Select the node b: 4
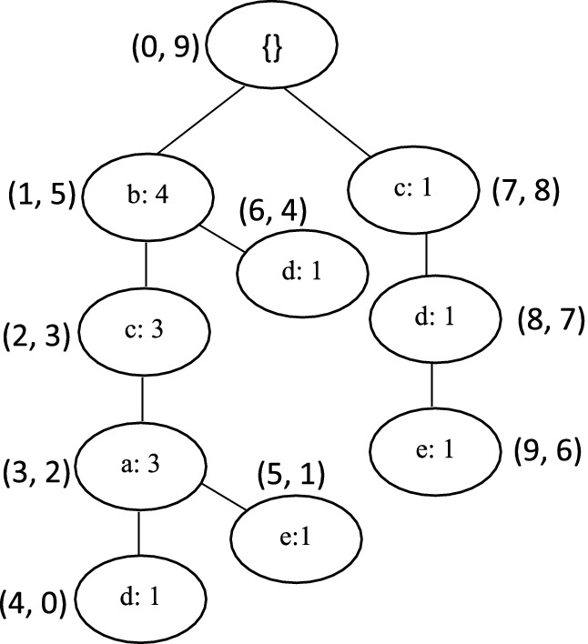147,197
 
